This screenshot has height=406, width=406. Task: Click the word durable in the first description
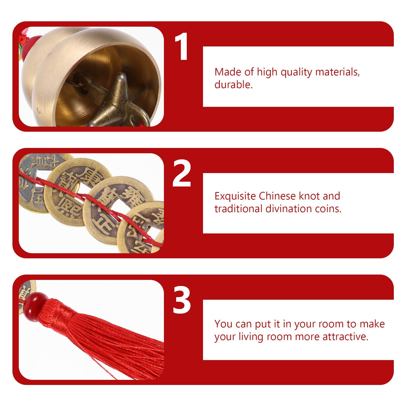click(x=233, y=85)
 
